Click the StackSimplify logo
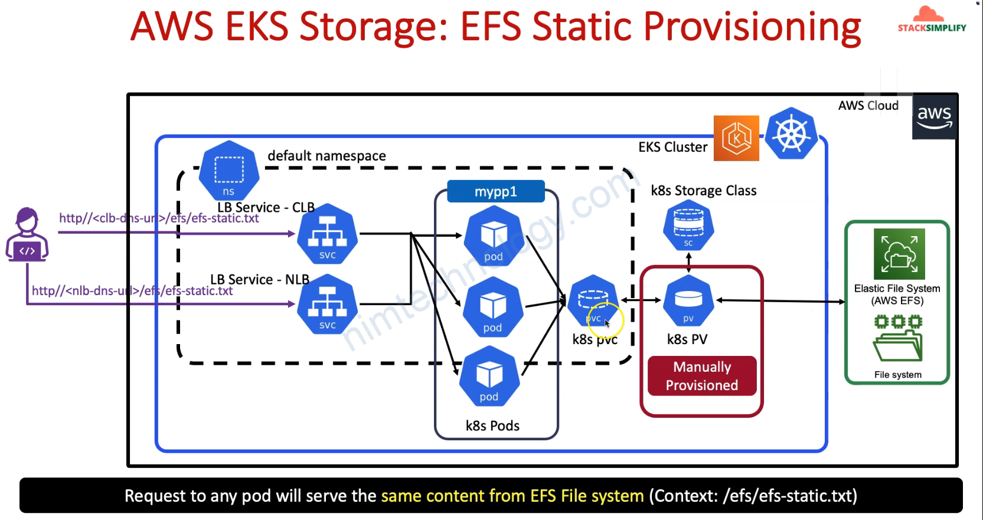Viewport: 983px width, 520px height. [932, 19]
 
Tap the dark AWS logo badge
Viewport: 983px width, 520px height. [935, 117]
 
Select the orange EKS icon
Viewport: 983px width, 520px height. [736, 138]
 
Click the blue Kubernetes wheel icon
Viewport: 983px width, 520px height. [791, 133]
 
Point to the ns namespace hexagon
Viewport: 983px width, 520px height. [228, 171]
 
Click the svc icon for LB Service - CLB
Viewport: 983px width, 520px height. [328, 234]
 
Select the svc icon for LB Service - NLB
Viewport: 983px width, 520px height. [328, 305]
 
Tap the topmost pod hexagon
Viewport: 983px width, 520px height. [494, 236]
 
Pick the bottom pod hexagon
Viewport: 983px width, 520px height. [489, 376]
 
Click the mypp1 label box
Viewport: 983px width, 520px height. [496, 191]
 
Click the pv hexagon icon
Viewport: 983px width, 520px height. [688, 301]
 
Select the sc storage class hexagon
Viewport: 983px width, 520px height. [688, 225]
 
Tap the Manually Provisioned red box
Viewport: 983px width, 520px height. [702, 376]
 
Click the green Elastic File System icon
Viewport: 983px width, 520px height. [899, 254]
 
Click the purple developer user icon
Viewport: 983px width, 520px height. [27, 234]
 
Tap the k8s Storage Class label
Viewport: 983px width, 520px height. [704, 191]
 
